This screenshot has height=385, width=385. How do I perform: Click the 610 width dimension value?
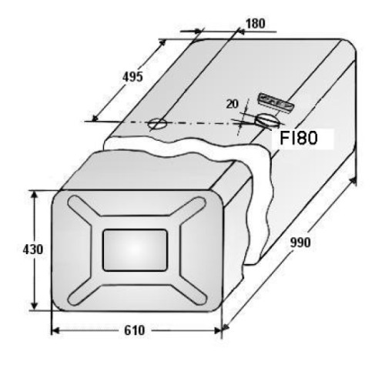(x=135, y=330)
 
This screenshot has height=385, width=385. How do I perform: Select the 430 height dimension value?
(x=33, y=249)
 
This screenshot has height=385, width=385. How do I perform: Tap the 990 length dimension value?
(x=300, y=243)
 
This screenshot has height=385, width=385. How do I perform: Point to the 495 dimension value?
(x=132, y=77)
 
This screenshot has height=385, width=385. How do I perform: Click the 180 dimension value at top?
(x=256, y=24)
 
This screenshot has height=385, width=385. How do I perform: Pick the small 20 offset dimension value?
(x=233, y=104)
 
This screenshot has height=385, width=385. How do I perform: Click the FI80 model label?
(x=299, y=138)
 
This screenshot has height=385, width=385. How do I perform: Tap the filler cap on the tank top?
(x=267, y=120)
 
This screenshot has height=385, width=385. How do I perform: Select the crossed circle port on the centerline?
(x=157, y=124)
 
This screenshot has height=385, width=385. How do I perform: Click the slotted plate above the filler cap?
(x=276, y=103)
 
